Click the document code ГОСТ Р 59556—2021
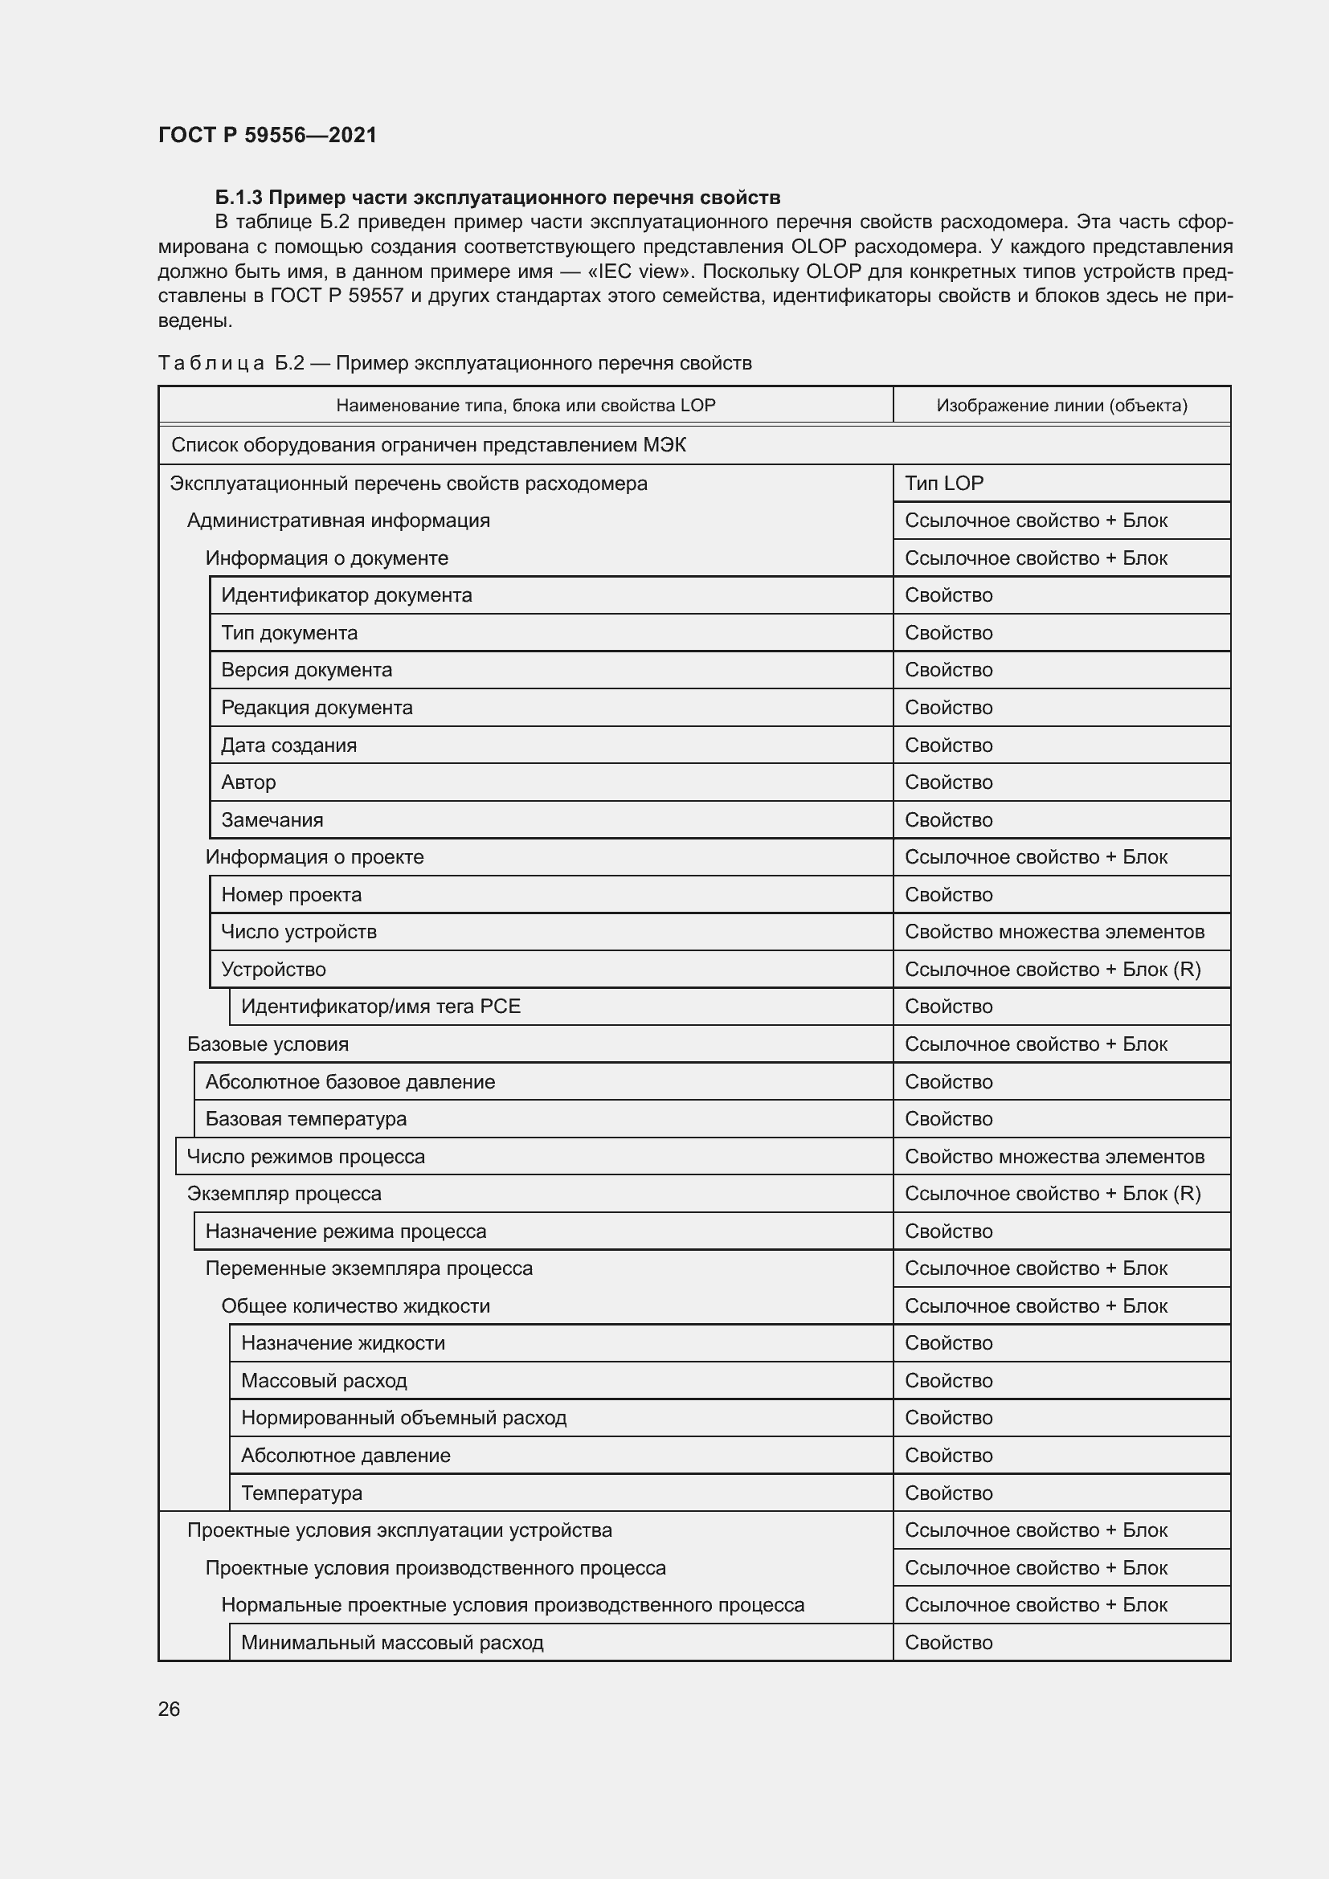(267, 135)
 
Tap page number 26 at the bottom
(169, 1709)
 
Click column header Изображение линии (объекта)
(1061, 405)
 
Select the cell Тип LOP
(943, 484)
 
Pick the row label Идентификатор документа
(346, 595)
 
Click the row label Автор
(248, 782)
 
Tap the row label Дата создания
(288, 745)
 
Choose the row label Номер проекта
(291, 895)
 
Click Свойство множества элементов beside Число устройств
(1054, 932)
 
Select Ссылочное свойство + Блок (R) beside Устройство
(1053, 970)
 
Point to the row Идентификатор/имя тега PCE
(381, 1007)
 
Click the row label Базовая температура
(305, 1120)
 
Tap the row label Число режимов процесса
(305, 1157)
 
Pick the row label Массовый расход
(323, 1382)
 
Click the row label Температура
(301, 1493)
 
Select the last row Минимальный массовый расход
(392, 1644)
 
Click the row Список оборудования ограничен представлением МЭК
(428, 445)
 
